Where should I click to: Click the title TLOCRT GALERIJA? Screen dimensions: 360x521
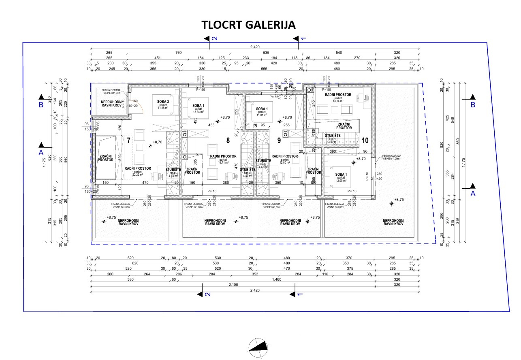pos(249,25)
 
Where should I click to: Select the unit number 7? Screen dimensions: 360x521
pos(128,141)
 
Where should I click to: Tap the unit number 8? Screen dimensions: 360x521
pos(228,141)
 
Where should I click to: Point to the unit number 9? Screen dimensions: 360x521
pos(279,141)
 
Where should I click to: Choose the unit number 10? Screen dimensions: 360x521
pos(365,141)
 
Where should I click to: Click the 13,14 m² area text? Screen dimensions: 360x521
pos(338,101)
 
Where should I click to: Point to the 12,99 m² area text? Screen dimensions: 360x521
pos(340,180)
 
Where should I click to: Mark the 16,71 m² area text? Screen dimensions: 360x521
pos(223,162)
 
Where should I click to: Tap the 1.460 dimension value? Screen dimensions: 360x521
pos(277,279)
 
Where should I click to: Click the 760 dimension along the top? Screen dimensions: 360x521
pos(178,52)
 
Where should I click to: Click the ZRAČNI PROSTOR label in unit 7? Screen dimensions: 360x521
pos(106,158)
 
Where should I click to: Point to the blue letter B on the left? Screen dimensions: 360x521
pos(41,105)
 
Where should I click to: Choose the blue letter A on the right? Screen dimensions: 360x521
pos(472,194)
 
